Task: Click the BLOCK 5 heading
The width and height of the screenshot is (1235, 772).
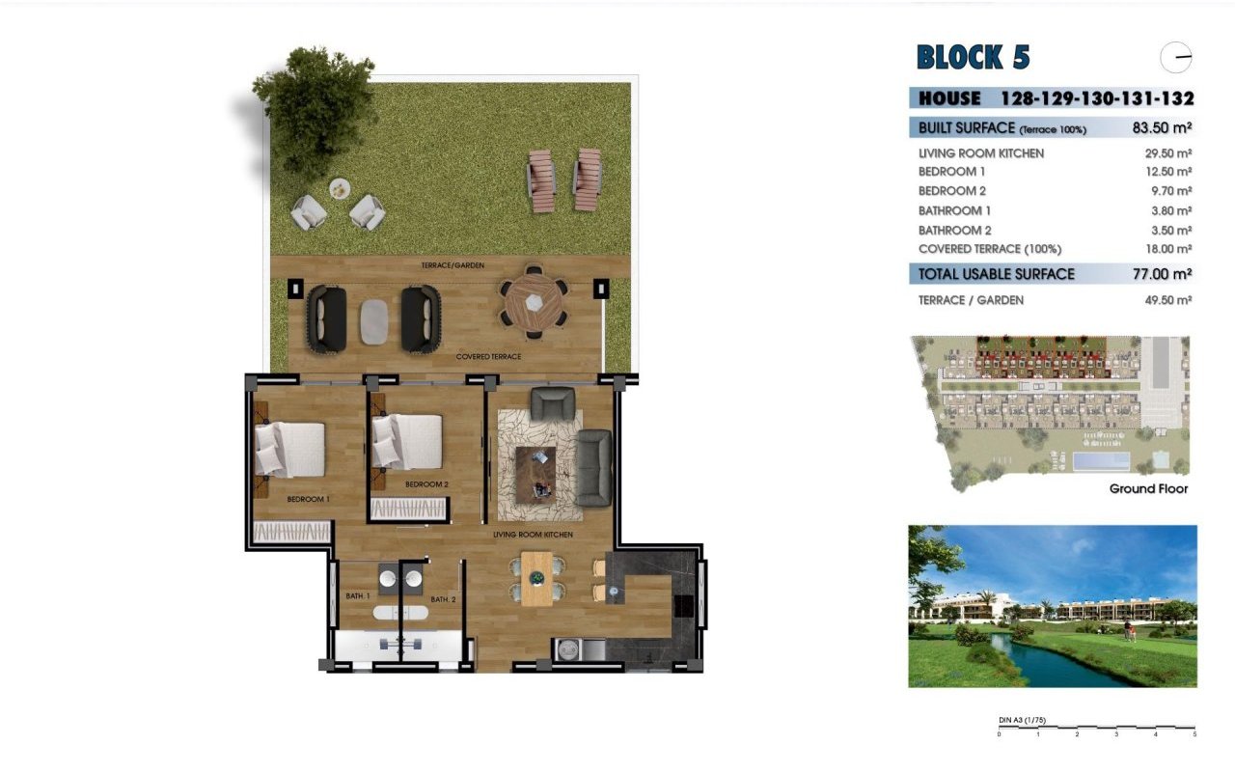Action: click(x=973, y=58)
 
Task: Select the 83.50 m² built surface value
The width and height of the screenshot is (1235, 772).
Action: click(x=1162, y=127)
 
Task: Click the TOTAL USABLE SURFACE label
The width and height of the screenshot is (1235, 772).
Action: click(x=996, y=274)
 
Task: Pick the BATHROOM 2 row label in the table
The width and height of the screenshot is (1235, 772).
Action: click(x=954, y=230)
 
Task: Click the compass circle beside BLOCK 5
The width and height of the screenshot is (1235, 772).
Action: click(x=1176, y=58)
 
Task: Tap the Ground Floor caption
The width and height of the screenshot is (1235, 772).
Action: click(x=1148, y=489)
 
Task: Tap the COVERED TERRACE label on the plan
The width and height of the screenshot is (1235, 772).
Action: click(x=488, y=357)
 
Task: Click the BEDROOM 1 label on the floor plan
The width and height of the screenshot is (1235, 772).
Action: click(x=309, y=500)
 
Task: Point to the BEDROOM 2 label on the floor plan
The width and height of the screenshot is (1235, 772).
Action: click(x=426, y=484)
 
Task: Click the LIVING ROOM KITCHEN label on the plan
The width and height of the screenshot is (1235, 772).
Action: click(x=533, y=535)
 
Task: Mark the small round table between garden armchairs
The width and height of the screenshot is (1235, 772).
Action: click(x=340, y=189)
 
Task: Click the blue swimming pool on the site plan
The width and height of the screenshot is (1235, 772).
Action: click(x=1100, y=463)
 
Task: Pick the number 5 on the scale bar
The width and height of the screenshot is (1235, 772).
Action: click(x=1194, y=735)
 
